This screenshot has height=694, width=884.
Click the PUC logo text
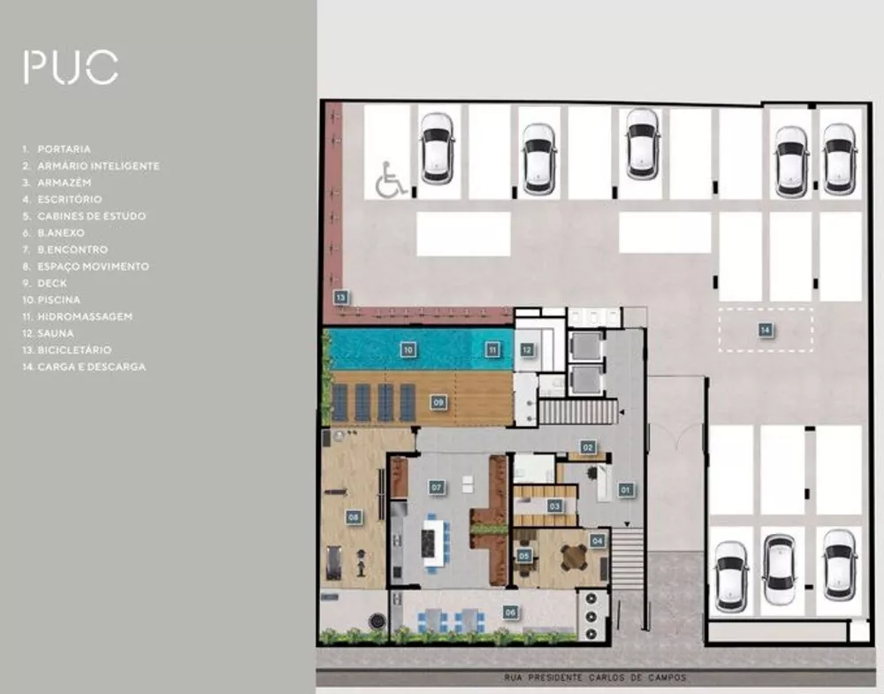(71, 68)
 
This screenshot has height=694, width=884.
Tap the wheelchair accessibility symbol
(390, 180)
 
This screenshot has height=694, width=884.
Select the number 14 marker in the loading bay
(765, 330)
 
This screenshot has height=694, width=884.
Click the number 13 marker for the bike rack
(339, 297)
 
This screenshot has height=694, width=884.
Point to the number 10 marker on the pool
(408, 350)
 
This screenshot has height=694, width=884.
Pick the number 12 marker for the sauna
(527, 350)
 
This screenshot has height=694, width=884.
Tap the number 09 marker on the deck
(438, 401)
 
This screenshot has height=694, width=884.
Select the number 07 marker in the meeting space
(436, 486)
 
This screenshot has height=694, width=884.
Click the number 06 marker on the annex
(510, 611)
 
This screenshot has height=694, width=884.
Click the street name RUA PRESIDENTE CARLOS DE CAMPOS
(584, 678)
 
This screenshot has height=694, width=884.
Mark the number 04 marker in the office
(598, 539)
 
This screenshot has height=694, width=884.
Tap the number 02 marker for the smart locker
(587, 447)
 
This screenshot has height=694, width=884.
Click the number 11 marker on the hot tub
(492, 350)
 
